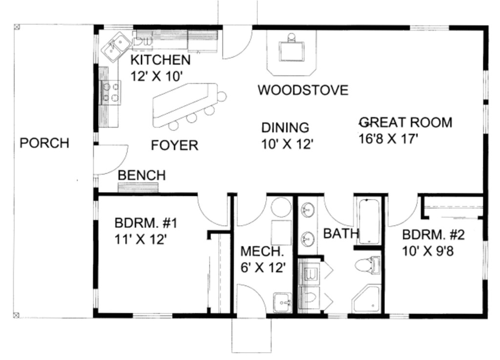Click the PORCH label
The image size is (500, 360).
click(x=44, y=143)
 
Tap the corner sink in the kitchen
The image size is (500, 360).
click(x=116, y=47)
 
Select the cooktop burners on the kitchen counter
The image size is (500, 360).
click(x=111, y=93)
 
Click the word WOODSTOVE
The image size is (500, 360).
click(x=303, y=90)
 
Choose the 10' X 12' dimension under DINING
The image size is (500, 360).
click(x=287, y=144)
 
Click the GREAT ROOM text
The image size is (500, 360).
click(x=405, y=122)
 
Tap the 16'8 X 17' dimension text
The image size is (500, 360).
click(x=389, y=139)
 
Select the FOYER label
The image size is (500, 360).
click(x=174, y=145)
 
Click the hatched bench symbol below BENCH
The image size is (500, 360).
click(x=138, y=188)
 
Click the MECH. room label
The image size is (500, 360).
click(x=262, y=252)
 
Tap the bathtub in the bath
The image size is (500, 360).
click(x=369, y=221)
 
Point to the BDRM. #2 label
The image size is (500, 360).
click(x=433, y=234)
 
